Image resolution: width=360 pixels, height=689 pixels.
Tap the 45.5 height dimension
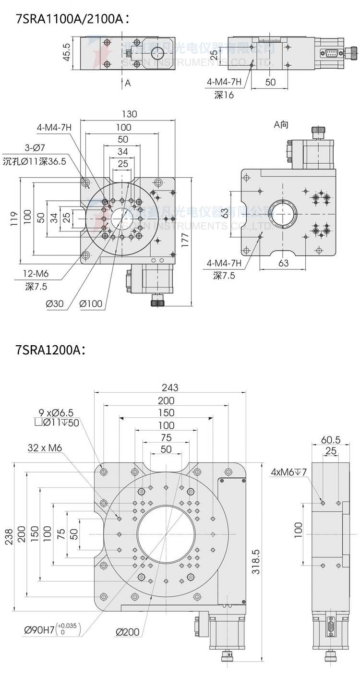66,53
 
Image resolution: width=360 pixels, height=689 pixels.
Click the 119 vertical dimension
14,219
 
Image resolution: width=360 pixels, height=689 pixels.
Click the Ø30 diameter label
55,303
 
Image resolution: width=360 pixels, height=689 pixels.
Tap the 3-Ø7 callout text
42,148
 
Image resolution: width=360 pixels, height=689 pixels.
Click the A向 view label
281,125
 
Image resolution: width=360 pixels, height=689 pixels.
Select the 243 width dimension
170,387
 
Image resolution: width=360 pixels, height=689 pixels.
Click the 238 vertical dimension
9,540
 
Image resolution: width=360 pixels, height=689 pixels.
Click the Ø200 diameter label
128,632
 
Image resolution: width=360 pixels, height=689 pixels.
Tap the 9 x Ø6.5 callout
56,412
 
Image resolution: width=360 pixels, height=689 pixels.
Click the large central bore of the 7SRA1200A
166,534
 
